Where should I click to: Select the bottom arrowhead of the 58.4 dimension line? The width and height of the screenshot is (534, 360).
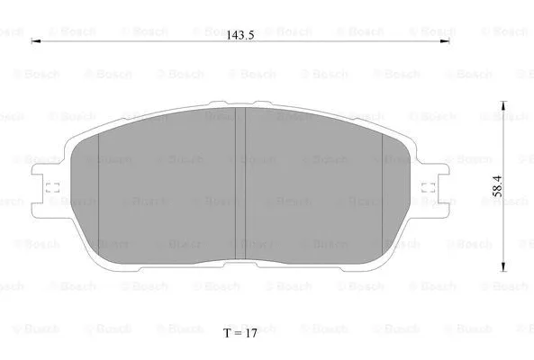coord(502,267)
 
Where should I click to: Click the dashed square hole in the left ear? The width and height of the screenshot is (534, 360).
coord(51,190)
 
